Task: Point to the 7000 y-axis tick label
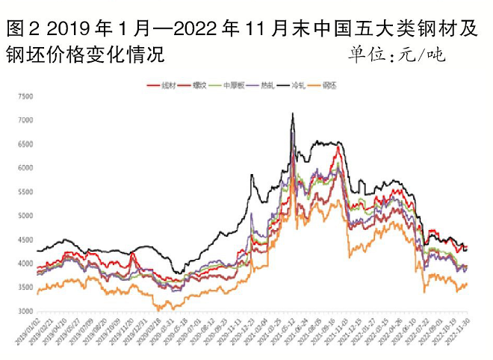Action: point(25,121)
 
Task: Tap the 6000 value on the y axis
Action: point(25,169)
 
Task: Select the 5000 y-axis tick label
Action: point(25,217)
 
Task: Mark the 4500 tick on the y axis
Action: point(25,240)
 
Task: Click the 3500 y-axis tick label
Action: point(25,288)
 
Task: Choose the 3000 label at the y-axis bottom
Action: point(25,312)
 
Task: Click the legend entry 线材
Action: point(165,86)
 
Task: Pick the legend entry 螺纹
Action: point(198,86)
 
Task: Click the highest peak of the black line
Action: point(292,114)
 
